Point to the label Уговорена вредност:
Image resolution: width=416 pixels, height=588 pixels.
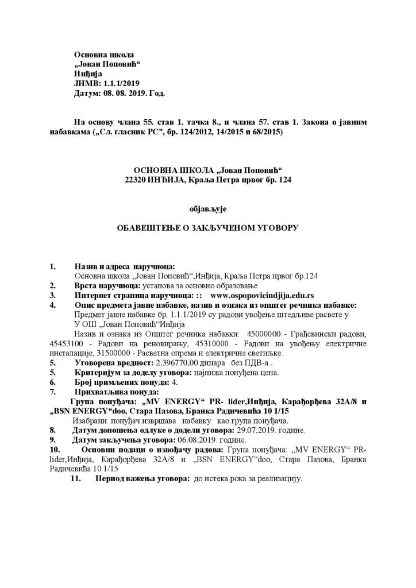[111, 364]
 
